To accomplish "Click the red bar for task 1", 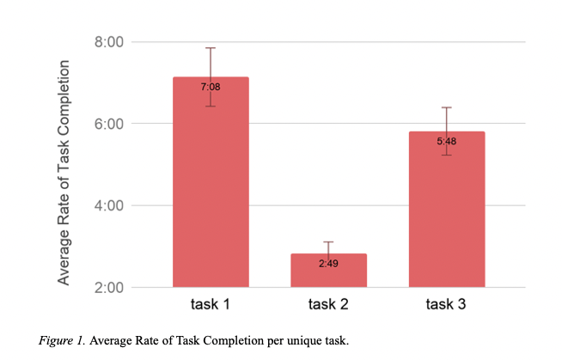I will [x=211, y=189].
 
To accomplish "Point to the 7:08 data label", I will [x=211, y=87].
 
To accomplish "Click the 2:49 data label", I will [x=328, y=263].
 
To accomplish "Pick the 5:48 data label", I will [x=446, y=141].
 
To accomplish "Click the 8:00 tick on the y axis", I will [x=109, y=41].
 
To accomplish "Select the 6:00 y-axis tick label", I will [x=109, y=124].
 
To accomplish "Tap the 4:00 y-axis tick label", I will [x=109, y=205].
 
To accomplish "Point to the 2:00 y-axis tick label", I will [x=109, y=287].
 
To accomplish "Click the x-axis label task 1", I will [x=211, y=305].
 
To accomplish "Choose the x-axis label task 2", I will [x=328, y=305].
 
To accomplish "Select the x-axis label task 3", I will [x=446, y=305].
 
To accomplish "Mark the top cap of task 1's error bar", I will [x=211, y=48].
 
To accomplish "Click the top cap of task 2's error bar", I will [x=328, y=242].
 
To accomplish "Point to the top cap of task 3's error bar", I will [x=446, y=107].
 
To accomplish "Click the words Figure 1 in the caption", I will [x=61, y=340].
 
